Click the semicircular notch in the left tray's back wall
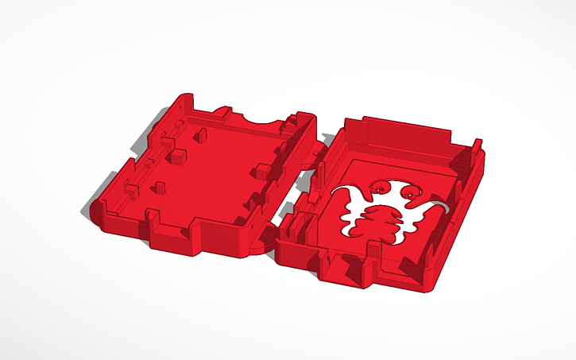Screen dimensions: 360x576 pos(257,118)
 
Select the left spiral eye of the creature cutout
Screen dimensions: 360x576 pos(381,188)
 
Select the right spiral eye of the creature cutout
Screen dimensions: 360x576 pos(410,193)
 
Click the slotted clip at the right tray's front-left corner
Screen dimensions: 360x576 pos(294,227)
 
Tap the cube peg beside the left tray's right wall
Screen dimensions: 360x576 pos(260,168)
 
